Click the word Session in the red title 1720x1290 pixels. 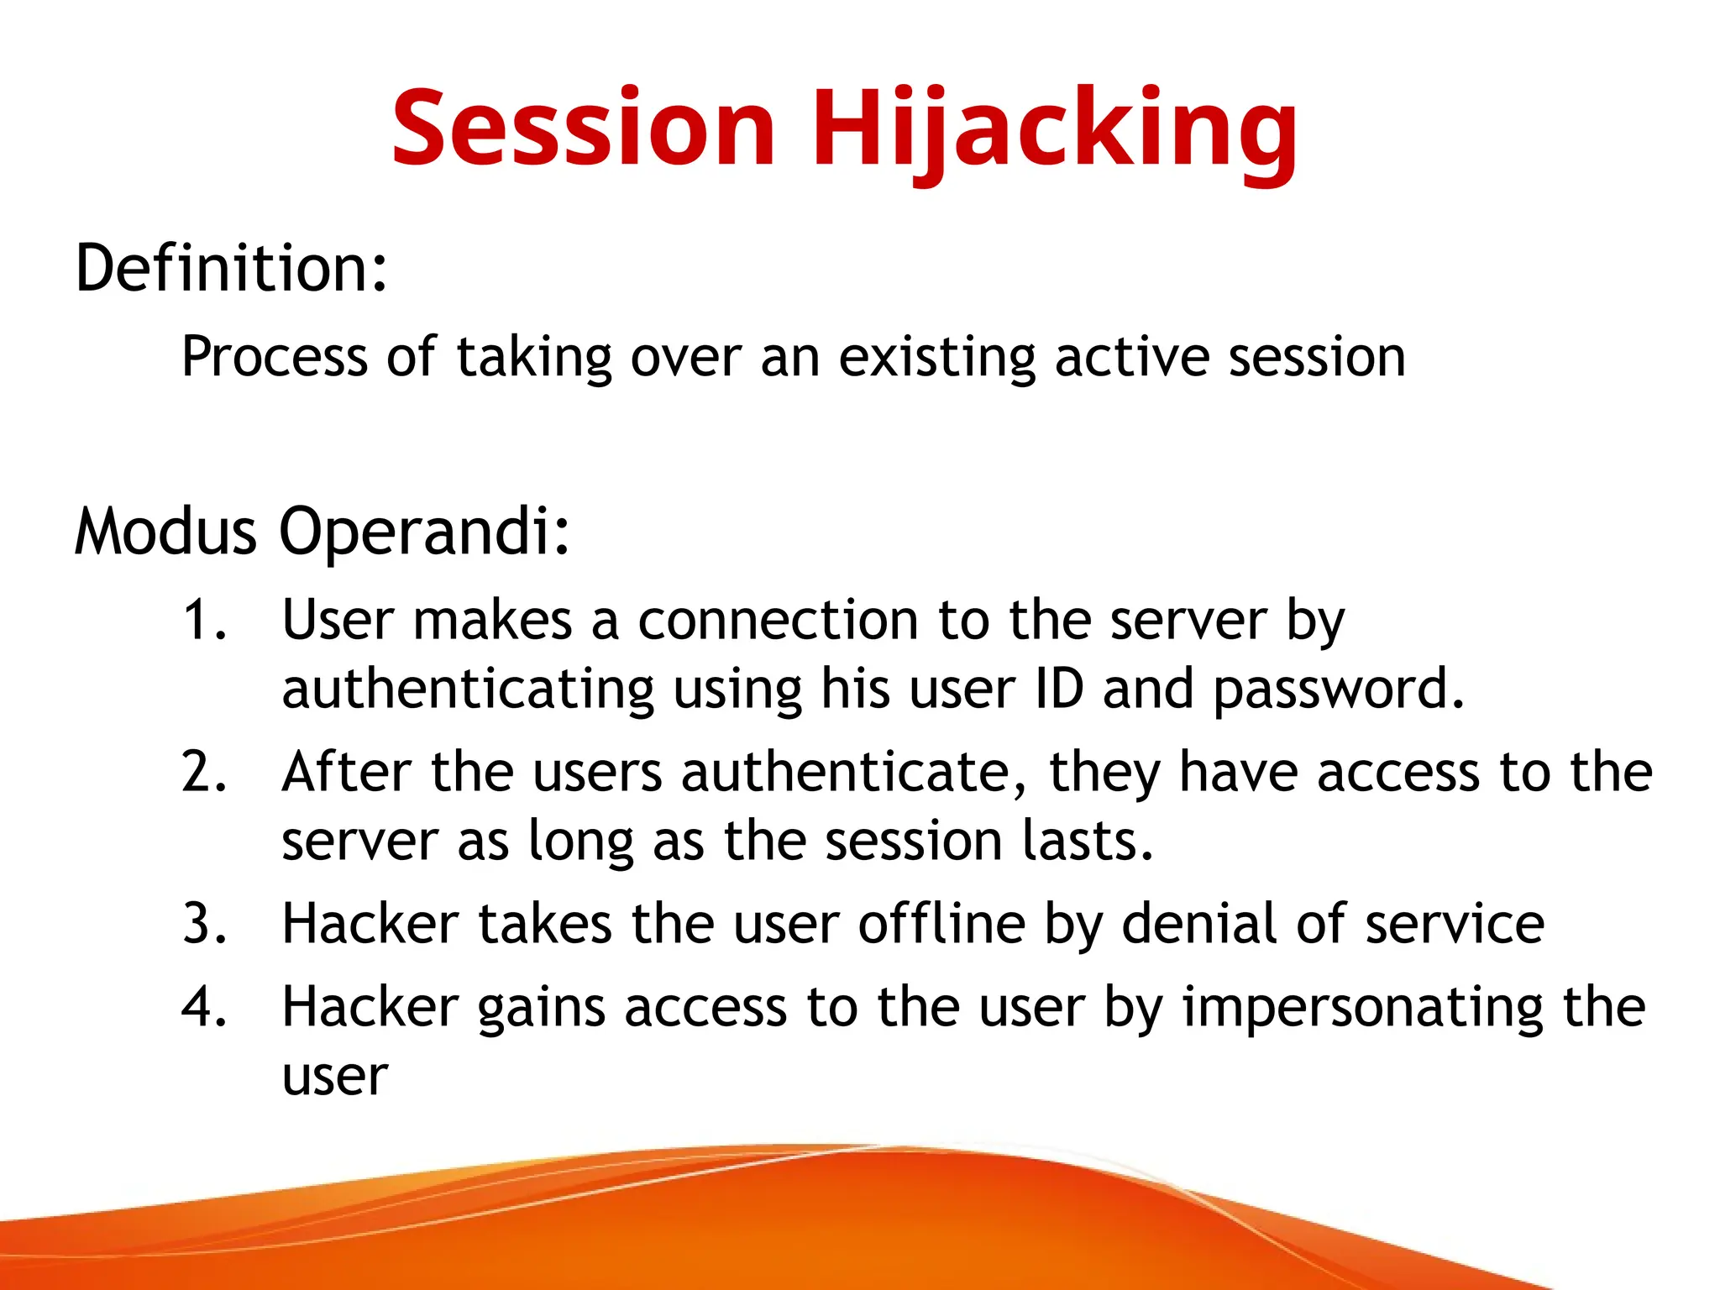(x=583, y=128)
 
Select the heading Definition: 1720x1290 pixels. (x=232, y=269)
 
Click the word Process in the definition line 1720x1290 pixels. (x=275, y=357)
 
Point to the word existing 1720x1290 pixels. (x=937, y=357)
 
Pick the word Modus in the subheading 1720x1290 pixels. (x=165, y=532)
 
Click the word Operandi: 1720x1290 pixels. (x=425, y=532)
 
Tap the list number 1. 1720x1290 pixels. (x=204, y=621)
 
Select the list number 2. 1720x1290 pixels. (x=204, y=773)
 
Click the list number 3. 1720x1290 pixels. (x=204, y=924)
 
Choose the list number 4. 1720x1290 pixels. (x=204, y=1007)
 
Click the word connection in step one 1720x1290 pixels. (x=778, y=621)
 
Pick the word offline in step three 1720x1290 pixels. (x=941, y=924)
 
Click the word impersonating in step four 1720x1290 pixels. (x=1363, y=1009)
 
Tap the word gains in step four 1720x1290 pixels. (x=540, y=1009)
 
